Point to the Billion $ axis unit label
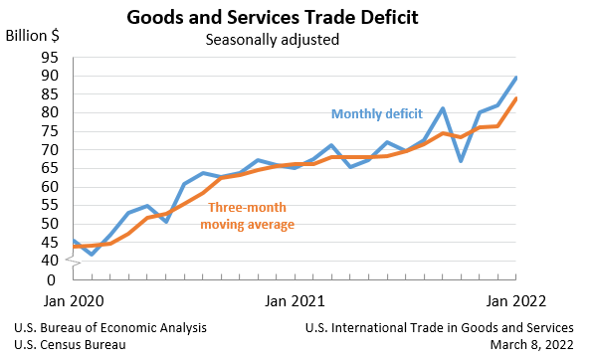[x=33, y=35]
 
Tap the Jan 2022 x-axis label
[x=514, y=299]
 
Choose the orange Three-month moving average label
[x=248, y=216]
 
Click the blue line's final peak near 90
[x=515, y=78]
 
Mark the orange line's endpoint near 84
[x=515, y=97]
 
